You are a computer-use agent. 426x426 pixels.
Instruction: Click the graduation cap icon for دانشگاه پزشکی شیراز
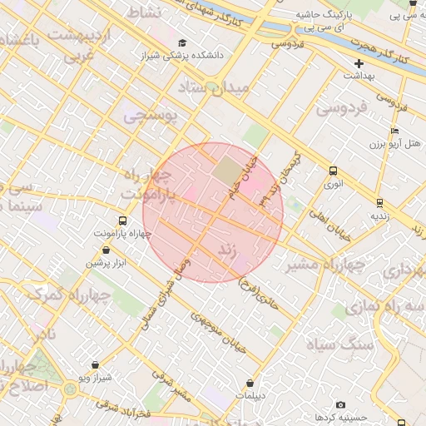tap(182, 43)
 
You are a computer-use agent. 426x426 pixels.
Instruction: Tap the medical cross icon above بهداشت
tap(359, 63)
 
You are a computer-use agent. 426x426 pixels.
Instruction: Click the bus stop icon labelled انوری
tap(333, 171)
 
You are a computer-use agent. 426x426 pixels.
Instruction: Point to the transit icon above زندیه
tap(379, 201)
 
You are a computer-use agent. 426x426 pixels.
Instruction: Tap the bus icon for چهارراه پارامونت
tap(123, 220)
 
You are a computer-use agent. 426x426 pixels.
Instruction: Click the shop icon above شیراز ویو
tap(96, 364)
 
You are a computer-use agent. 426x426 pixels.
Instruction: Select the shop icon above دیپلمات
tap(250, 383)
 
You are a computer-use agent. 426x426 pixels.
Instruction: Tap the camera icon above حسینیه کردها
tap(340, 404)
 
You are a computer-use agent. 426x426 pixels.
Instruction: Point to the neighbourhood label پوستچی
tap(151, 116)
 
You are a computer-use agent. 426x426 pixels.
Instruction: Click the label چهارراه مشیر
tap(326, 265)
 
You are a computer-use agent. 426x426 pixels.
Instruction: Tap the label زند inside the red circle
tap(228, 250)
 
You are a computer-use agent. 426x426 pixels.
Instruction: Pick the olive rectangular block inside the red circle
tap(225, 171)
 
